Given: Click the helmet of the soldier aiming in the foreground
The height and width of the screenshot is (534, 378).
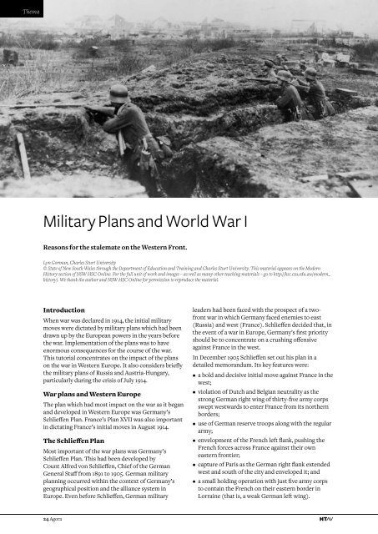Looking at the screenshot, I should point(119,93).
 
